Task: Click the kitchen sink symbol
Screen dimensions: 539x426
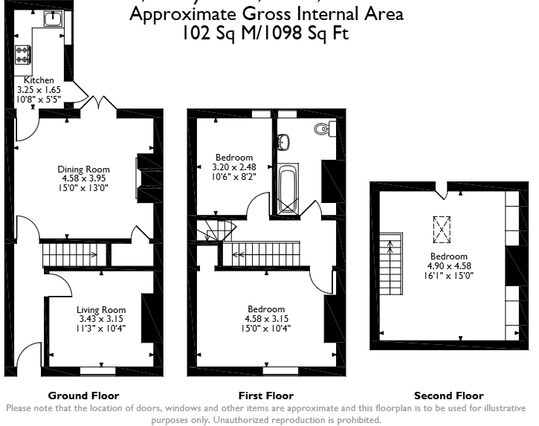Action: (54, 19)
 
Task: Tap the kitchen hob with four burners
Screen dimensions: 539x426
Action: (23, 55)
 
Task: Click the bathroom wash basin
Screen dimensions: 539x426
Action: (283, 142)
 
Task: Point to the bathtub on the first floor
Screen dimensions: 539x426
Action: (288, 188)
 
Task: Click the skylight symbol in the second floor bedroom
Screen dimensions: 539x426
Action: (442, 229)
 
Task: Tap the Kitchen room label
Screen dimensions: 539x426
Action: (39, 80)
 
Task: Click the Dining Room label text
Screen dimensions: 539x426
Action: (83, 170)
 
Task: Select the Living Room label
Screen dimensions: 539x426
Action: (101, 310)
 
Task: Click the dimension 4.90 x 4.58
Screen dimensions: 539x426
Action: (449, 265)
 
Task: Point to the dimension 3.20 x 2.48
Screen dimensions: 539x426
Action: (234, 167)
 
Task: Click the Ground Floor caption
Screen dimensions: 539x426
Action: (83, 396)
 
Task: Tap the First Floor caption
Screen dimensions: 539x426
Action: (266, 396)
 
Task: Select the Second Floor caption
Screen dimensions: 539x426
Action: (449, 396)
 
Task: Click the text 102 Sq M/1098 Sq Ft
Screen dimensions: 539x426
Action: (265, 33)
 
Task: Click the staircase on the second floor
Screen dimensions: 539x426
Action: (391, 264)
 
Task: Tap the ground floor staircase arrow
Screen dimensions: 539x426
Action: (92, 255)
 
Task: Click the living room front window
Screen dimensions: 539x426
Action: (98, 371)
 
